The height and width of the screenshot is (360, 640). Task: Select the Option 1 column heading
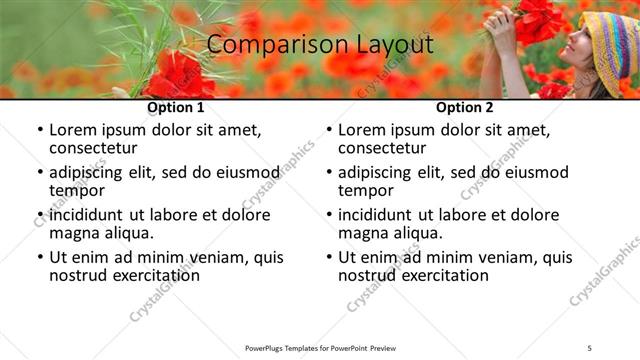(176, 107)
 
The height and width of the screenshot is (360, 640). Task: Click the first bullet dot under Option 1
(40, 131)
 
